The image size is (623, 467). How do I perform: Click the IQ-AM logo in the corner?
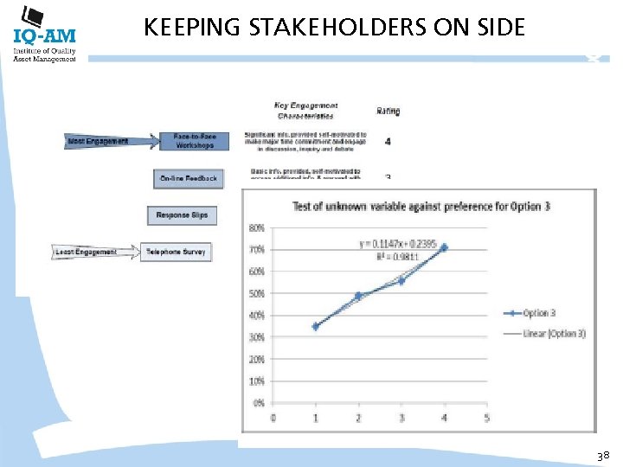(44, 35)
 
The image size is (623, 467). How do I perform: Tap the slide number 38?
(604, 454)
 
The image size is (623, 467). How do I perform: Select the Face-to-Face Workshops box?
(194, 141)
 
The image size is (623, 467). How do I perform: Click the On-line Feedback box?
(188, 179)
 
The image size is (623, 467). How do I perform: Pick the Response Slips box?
(182, 214)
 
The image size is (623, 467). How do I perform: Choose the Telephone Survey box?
(176, 252)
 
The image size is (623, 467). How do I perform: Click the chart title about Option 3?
(421, 206)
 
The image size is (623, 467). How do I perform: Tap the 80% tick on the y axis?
(257, 228)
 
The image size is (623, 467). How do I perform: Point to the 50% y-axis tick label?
(257, 294)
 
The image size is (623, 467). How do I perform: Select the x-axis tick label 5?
(486, 419)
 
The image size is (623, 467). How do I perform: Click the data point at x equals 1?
(316, 326)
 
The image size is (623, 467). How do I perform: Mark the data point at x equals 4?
(444, 247)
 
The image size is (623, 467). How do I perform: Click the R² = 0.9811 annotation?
(381, 257)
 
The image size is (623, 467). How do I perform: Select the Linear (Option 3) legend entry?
(552, 333)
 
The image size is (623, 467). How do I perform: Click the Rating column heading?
(389, 111)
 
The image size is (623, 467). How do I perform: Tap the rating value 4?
(388, 140)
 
